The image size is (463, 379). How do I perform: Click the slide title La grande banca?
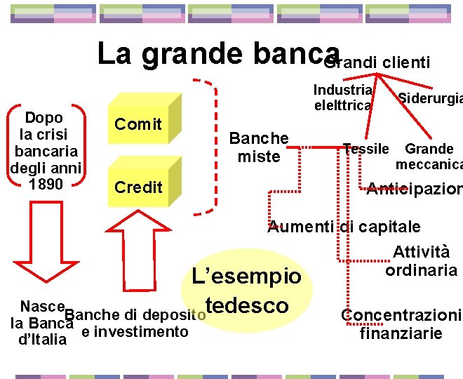click(x=217, y=54)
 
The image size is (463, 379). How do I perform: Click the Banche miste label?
click(x=259, y=147)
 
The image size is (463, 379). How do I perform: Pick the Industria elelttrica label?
click(x=342, y=98)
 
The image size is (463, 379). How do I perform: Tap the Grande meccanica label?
click(x=429, y=157)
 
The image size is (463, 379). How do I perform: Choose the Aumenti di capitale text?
click(x=344, y=227)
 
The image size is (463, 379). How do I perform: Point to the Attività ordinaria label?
click(x=421, y=261)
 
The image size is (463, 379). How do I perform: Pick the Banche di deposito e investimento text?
click(x=137, y=323)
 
